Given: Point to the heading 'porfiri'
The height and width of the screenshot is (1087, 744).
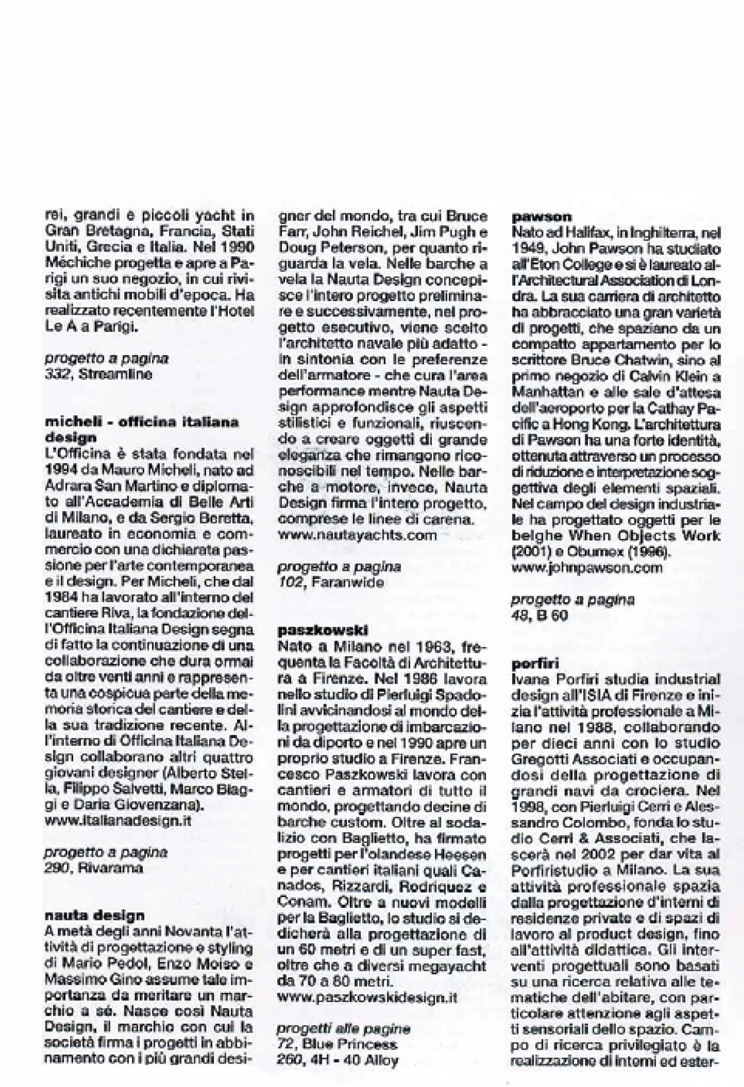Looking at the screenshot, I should click(x=535, y=664).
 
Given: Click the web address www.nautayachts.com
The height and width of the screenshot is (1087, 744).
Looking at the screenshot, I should click(x=357, y=535).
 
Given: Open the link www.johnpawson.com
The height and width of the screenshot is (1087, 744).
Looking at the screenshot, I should click(x=587, y=568).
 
